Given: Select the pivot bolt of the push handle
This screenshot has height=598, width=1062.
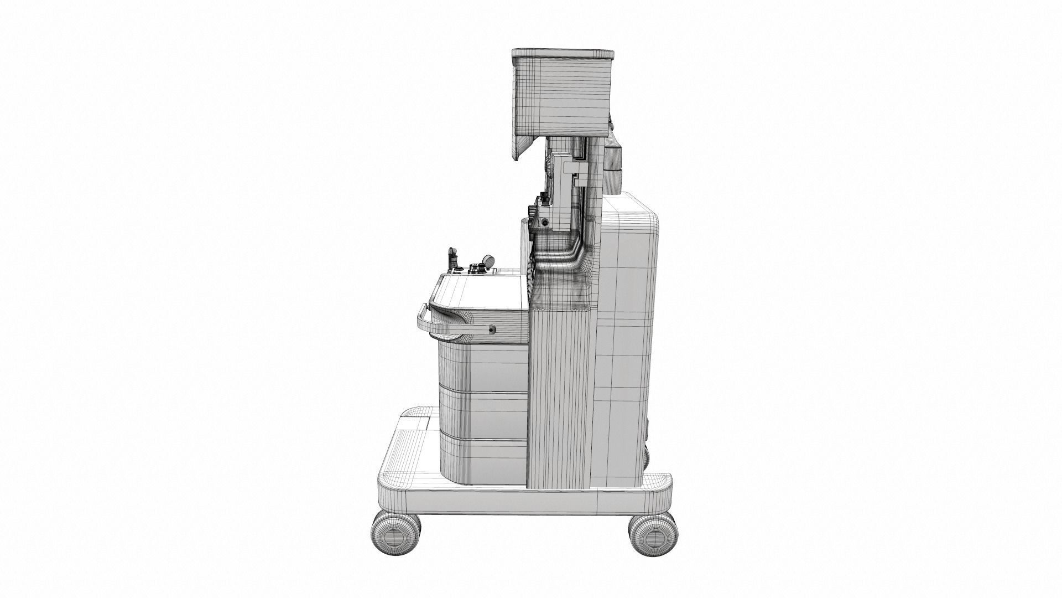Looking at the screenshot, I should coord(491,330).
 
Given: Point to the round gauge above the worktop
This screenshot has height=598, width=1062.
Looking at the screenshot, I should coord(489,260).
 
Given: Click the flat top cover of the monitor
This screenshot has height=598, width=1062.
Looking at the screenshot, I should coord(563,53).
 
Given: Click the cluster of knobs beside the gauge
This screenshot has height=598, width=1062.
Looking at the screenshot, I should coord(474,269).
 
